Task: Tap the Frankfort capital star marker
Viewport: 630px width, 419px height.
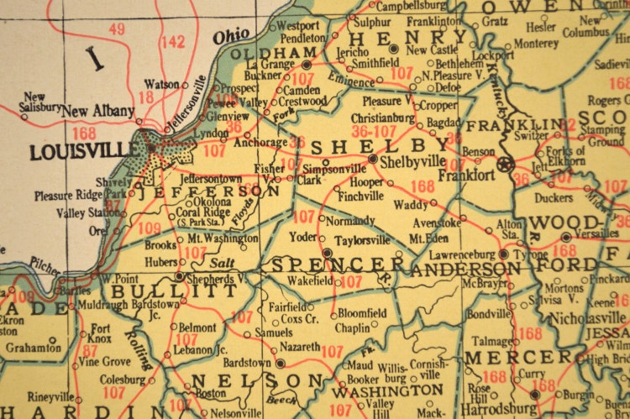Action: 505,163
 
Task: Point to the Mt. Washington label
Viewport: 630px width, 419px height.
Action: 221,238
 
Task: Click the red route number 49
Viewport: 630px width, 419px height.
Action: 117,29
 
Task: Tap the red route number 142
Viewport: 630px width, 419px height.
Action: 173,41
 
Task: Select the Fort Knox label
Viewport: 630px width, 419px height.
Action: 101,334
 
